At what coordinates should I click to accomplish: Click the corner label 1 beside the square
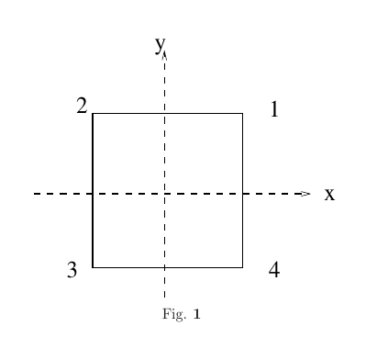[x=274, y=111]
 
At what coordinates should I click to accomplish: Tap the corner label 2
[x=82, y=107]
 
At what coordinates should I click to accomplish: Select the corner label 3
[x=72, y=270]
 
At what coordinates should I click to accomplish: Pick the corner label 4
[x=273, y=270]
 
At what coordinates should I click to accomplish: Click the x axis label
[x=329, y=194]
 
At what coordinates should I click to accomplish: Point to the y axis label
[x=160, y=44]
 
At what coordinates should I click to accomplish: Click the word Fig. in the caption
[x=172, y=315]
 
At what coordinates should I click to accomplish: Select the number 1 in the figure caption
[x=196, y=315]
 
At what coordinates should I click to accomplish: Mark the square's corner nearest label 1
[x=242, y=114]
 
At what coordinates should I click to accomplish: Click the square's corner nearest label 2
[x=93, y=114]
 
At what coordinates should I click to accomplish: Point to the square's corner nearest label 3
[x=93, y=267]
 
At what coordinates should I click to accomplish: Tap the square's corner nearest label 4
[x=242, y=267]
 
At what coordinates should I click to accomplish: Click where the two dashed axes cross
[x=165, y=194]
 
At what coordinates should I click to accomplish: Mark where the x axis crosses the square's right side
[x=242, y=194]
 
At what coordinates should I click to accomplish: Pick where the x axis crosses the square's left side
[x=93, y=194]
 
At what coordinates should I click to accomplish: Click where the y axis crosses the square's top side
[x=165, y=114]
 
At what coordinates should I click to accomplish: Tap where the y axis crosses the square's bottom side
[x=165, y=267]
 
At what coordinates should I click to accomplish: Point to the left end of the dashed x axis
[x=34, y=194]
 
